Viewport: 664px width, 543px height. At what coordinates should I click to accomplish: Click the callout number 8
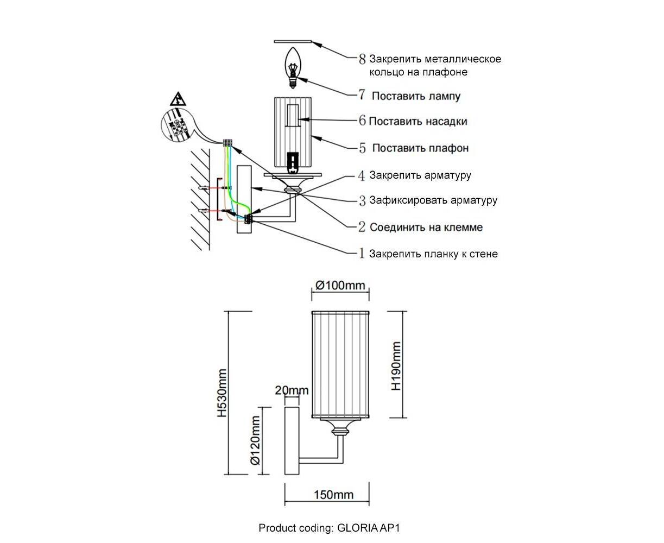[x=362, y=59]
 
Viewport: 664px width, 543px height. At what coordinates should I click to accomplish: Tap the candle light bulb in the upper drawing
[x=293, y=67]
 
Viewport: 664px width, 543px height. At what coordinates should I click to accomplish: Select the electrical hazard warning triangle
[x=178, y=99]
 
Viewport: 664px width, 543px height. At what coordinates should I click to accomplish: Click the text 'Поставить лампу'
[x=416, y=96]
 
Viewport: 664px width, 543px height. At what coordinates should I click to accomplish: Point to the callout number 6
[x=362, y=121]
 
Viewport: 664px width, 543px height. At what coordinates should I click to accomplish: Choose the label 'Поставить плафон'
[x=420, y=148]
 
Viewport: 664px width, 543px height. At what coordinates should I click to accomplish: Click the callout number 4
[x=362, y=175]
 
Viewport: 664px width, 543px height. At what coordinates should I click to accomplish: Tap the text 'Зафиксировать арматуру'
[x=433, y=200]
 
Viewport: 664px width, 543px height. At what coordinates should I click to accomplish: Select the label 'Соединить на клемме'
[x=426, y=227]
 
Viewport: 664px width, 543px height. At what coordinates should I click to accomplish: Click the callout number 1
[x=362, y=253]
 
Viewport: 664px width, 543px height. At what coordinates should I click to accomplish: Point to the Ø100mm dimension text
[x=340, y=286]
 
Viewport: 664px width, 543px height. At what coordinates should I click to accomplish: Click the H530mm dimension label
[x=222, y=393]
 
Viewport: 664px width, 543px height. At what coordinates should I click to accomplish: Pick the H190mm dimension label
[x=396, y=366]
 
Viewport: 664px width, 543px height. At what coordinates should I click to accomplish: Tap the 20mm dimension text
[x=292, y=390]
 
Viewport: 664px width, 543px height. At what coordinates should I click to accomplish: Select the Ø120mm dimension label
[x=255, y=440]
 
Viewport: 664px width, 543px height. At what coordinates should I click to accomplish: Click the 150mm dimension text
[x=333, y=495]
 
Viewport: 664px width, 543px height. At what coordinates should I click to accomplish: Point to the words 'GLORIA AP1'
[x=368, y=528]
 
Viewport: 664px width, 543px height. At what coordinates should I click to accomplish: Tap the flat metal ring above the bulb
[x=293, y=41]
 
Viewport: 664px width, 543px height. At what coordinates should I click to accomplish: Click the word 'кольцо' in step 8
[x=387, y=72]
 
